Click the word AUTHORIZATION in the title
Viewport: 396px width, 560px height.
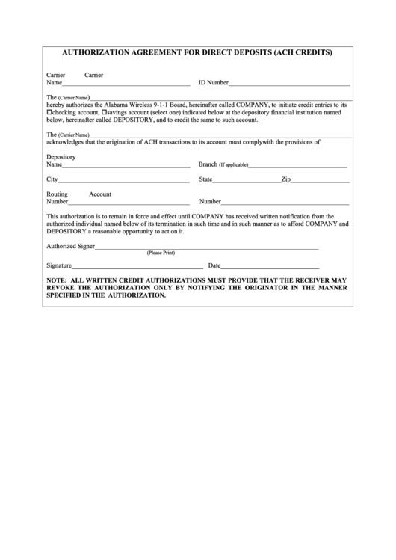[92, 53]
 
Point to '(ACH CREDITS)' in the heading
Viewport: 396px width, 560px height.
[303, 53]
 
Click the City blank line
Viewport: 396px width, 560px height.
[123, 182]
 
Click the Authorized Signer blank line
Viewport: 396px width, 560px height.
[206, 247]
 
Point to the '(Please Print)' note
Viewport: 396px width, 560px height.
[161, 253]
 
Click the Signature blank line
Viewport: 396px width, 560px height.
[137, 267]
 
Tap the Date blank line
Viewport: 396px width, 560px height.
[270, 267]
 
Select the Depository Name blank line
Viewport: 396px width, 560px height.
[126, 165]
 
